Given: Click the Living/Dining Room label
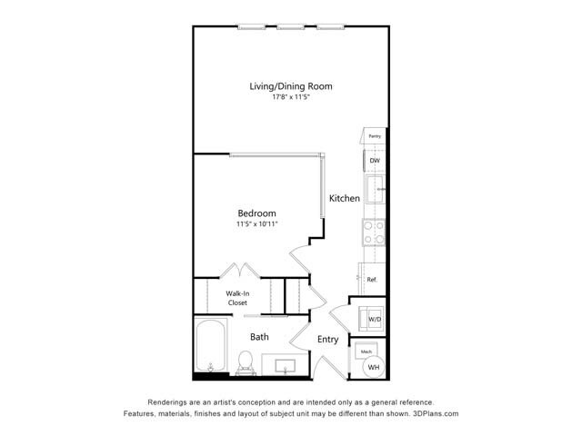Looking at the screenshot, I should pos(291,86).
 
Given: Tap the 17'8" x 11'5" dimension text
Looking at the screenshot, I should pos(291,98).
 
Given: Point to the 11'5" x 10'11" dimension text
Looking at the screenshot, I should pos(256,223).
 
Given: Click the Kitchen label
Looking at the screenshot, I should pos(345,198).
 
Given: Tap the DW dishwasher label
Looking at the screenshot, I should pos(375,161).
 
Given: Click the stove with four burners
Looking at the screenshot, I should pos(374,233).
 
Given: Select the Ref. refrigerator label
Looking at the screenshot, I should pos(372,280).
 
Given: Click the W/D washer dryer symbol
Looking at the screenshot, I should pos(374,319).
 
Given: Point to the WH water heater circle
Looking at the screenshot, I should pos(374,367).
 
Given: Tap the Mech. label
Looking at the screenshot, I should pos(366,351).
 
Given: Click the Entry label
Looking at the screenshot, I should pos(327,340).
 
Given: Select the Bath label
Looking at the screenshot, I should pos(260,337).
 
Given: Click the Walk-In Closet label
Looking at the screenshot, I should pos(237,298).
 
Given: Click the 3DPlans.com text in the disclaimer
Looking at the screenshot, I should pos(434,413).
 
